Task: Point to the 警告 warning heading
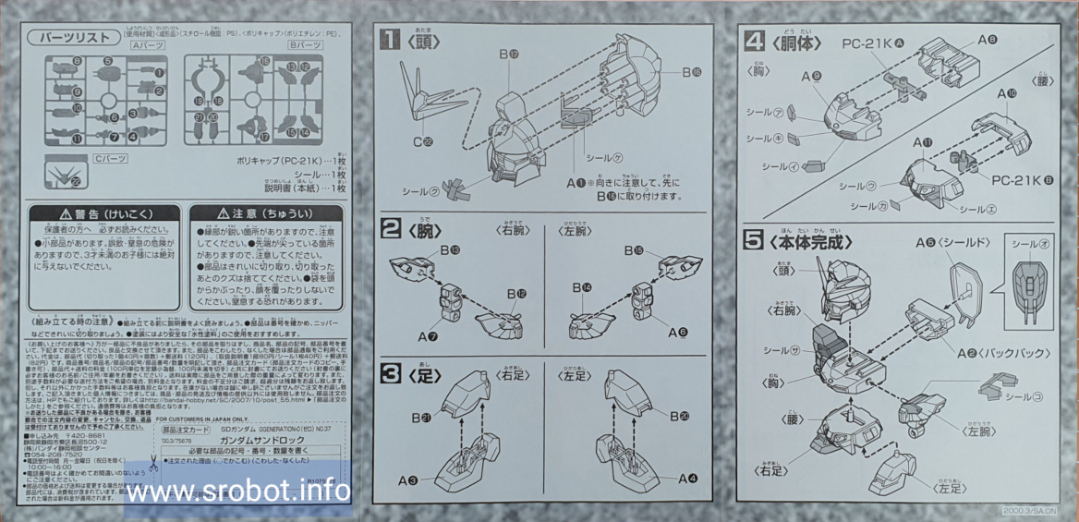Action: (101, 213)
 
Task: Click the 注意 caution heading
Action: (264, 213)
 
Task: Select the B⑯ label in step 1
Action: (692, 71)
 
